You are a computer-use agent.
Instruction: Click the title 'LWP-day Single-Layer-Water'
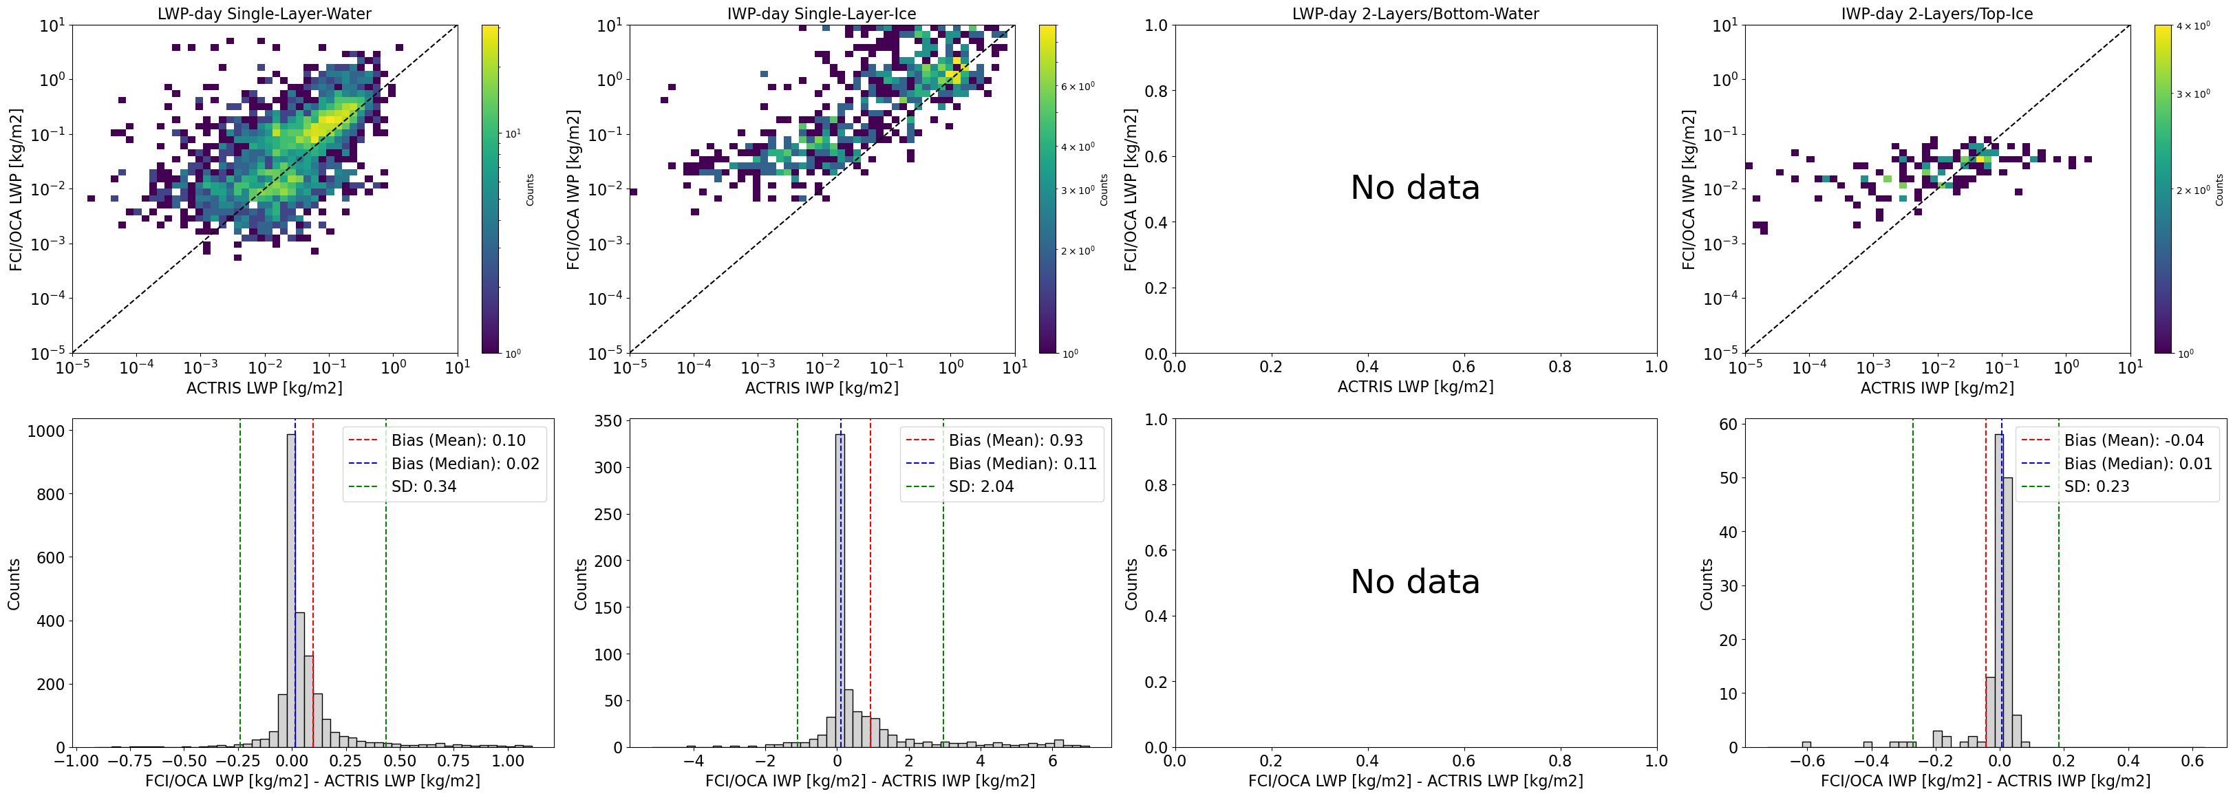tap(264, 13)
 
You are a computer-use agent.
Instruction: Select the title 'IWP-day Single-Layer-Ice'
tap(821, 13)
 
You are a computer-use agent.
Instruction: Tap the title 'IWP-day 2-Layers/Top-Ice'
tap(1936, 13)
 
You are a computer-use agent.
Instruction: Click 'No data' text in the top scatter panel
tap(1415, 187)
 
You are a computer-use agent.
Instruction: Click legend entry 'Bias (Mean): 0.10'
tap(458, 440)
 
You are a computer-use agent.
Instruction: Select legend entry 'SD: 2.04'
tap(981, 486)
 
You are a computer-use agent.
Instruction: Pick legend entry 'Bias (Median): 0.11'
tap(1022, 464)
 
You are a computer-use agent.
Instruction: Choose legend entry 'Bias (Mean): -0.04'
tap(2133, 440)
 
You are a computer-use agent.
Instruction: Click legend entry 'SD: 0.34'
tap(423, 486)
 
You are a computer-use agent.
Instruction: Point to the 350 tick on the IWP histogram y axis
tap(606, 422)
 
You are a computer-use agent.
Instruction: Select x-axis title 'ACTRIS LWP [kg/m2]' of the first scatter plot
tap(264, 387)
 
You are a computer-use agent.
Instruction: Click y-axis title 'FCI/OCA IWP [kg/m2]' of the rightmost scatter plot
tap(1689, 189)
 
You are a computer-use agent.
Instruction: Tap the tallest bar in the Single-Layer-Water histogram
tap(291, 590)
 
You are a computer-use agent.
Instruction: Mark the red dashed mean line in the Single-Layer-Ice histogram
tap(870, 607)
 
